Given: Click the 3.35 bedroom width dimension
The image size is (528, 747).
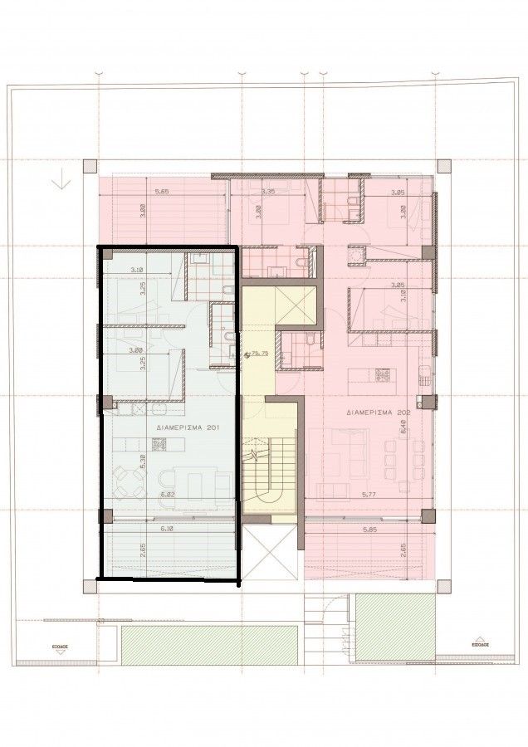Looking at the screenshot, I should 267,192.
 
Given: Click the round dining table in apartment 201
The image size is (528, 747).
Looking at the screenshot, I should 125,478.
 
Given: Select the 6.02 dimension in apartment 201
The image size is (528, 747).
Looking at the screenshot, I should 168,496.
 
